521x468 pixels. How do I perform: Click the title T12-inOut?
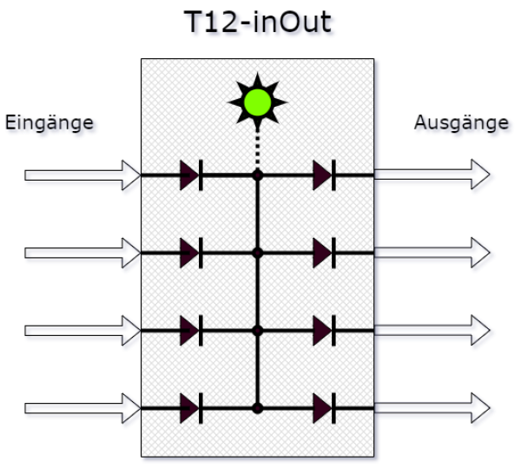point(258,22)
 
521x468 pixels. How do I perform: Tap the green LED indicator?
point(257,102)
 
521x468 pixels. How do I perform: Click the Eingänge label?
point(49,122)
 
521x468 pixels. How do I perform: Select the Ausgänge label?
point(460,122)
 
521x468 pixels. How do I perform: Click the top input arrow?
point(82,175)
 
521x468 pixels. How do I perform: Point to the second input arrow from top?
point(82,254)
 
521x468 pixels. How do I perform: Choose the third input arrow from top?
point(82,331)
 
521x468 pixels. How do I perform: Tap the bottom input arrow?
point(82,407)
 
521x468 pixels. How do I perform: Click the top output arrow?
point(432,175)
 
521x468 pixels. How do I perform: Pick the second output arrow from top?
point(432,254)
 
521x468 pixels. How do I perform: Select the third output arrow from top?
point(432,331)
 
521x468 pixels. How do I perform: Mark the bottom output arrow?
point(432,407)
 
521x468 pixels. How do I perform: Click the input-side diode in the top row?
point(191,175)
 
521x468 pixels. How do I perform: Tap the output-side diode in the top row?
point(324,175)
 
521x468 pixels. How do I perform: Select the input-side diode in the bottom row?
point(191,407)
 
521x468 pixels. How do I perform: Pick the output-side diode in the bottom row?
point(324,407)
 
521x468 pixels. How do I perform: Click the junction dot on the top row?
point(257,175)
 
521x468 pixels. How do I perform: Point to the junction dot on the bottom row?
point(257,407)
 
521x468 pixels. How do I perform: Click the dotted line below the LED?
point(257,148)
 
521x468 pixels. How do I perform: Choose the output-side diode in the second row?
point(324,254)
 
